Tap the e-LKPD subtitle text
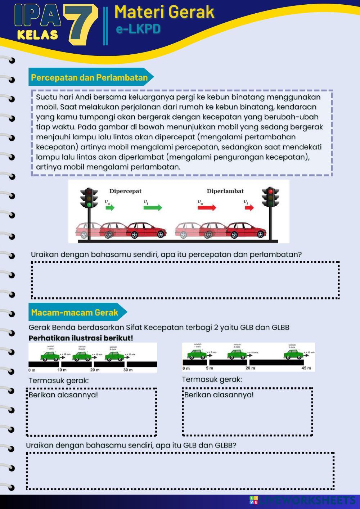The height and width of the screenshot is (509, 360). tap(138, 29)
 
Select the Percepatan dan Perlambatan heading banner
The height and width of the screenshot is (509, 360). tap(90, 77)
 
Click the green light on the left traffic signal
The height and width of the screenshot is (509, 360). tap(89, 204)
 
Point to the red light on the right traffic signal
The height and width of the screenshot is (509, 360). tap(270, 191)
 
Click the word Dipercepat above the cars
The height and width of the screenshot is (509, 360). tap(125, 191)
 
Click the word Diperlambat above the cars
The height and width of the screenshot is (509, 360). tap(225, 191)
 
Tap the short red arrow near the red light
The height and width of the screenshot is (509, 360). tap(249, 208)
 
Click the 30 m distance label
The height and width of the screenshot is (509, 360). tap(128, 370)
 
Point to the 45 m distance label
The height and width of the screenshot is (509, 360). tap(306, 368)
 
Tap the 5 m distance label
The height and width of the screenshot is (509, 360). tap(210, 368)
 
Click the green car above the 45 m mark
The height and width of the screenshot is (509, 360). tap(293, 355)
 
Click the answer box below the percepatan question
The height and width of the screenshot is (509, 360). tap(185, 280)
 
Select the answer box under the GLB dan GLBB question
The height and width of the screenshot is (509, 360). tap(180, 471)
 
